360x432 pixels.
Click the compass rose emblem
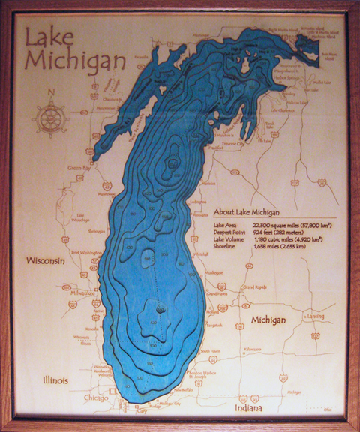point(50,118)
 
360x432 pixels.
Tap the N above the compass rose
point(50,93)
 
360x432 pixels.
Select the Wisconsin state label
point(47,262)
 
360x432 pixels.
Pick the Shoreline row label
point(226,247)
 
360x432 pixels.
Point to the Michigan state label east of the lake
point(268,320)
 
